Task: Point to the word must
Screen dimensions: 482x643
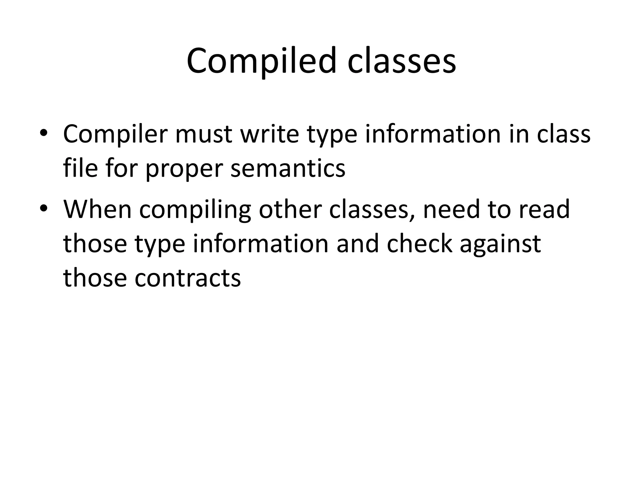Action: [204, 134]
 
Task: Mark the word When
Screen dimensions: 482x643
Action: [97, 210]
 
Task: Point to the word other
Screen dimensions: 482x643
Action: [290, 210]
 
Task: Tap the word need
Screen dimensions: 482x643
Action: [451, 210]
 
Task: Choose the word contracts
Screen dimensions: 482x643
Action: [187, 278]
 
